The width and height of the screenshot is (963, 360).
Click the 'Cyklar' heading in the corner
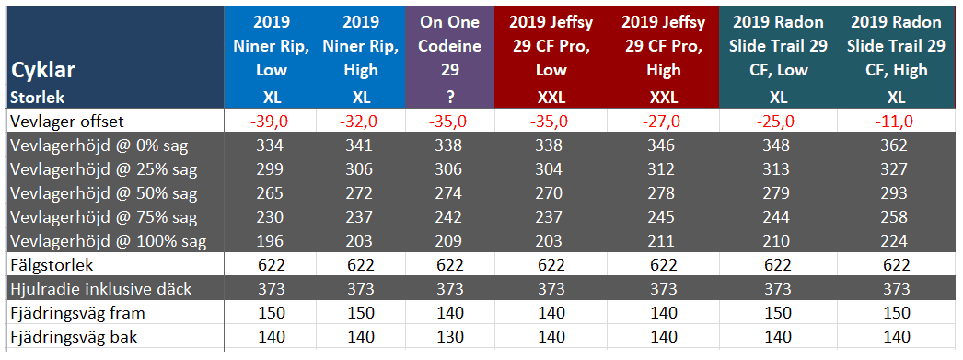coord(43,71)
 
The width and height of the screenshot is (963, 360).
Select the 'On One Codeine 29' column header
coord(450,46)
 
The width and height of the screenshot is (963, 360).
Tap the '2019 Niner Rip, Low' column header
coord(271,46)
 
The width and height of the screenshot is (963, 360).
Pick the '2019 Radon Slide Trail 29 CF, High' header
coord(896,46)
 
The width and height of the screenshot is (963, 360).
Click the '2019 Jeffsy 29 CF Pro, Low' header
coord(551,46)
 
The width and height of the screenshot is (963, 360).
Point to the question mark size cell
coord(450,97)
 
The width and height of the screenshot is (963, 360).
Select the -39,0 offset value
coord(271,121)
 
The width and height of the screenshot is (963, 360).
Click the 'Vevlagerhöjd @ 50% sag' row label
coord(104,193)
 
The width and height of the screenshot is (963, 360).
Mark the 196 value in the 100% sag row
coord(271,241)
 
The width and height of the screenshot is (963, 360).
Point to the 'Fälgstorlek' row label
coord(51,265)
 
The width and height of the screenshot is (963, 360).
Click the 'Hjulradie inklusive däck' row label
coord(100,289)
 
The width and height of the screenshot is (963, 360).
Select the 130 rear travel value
coord(450,337)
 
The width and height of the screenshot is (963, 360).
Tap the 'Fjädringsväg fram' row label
coord(78,313)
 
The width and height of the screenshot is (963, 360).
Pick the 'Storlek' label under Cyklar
coord(38,97)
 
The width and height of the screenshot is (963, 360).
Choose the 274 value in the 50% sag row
coord(450,193)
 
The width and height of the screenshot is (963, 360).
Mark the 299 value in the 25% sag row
coord(271,169)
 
